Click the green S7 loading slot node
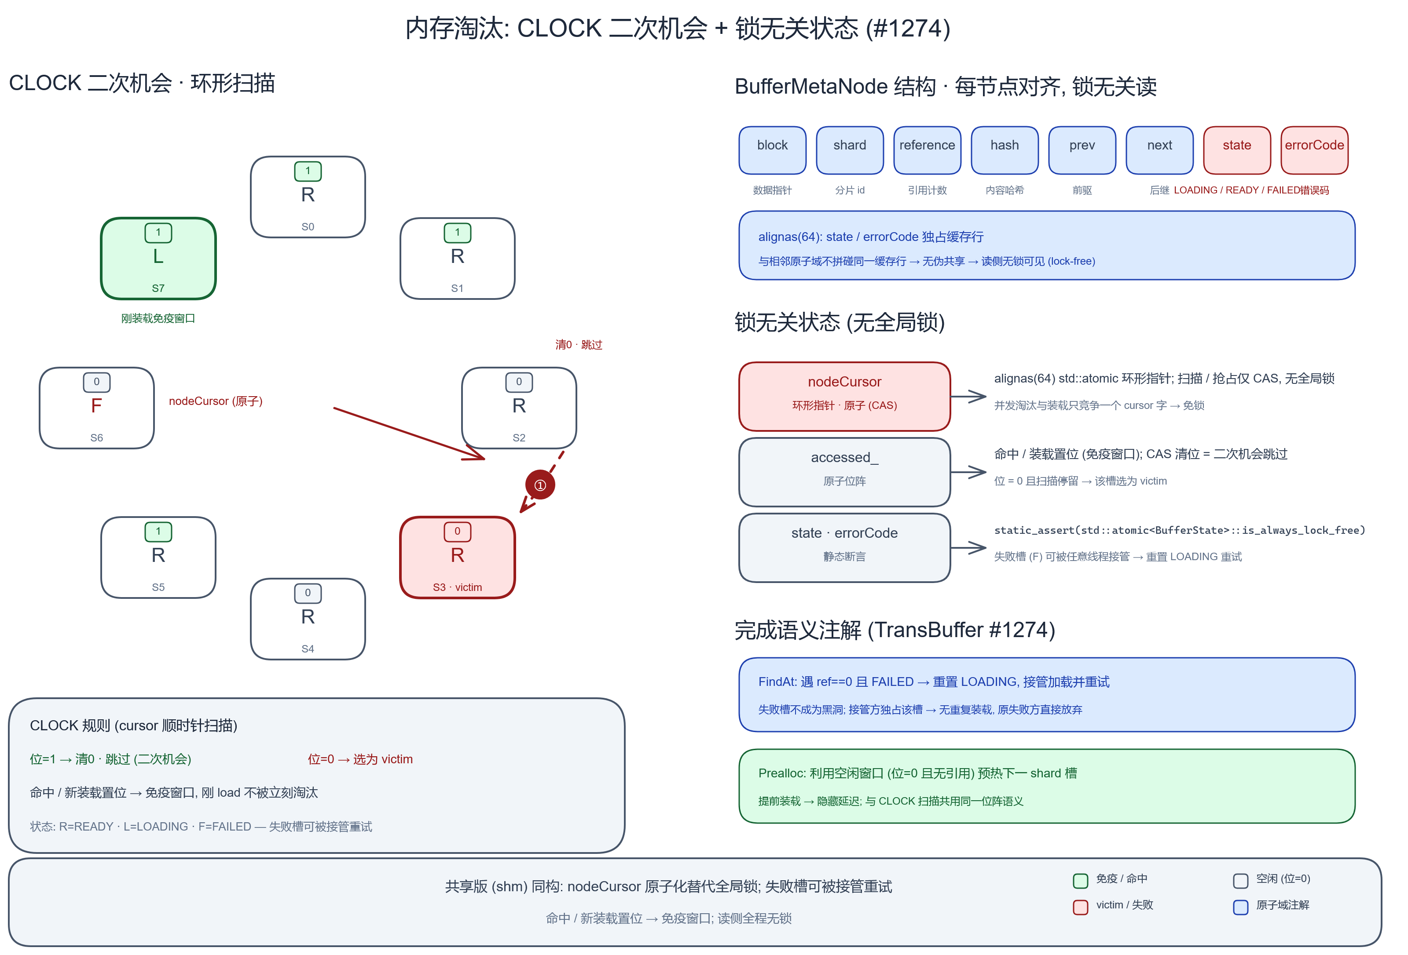pyautogui.click(x=158, y=259)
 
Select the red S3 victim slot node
pyautogui.click(x=458, y=558)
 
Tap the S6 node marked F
pyautogui.click(x=97, y=408)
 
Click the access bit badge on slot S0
pyautogui.click(x=308, y=171)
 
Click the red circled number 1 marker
pyautogui.click(x=540, y=485)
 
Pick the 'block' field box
pyautogui.click(x=773, y=150)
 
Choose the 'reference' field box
pyautogui.click(x=927, y=150)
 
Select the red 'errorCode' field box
pyautogui.click(x=1314, y=150)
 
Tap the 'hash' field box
pyautogui.click(x=1005, y=150)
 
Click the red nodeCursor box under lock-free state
pyautogui.click(x=844, y=397)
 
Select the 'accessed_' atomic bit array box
pyautogui.click(x=844, y=472)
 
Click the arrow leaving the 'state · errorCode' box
pyautogui.click(x=968, y=548)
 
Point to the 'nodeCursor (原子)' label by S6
pyautogui.click(x=216, y=401)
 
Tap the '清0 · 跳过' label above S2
pyautogui.click(x=579, y=345)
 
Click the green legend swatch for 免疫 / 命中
pyautogui.click(x=1080, y=881)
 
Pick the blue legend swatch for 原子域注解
pyautogui.click(x=1241, y=907)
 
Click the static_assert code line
pyautogui.click(x=1180, y=531)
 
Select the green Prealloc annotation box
pyautogui.click(x=1047, y=786)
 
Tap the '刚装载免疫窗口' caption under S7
pyautogui.click(x=158, y=318)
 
